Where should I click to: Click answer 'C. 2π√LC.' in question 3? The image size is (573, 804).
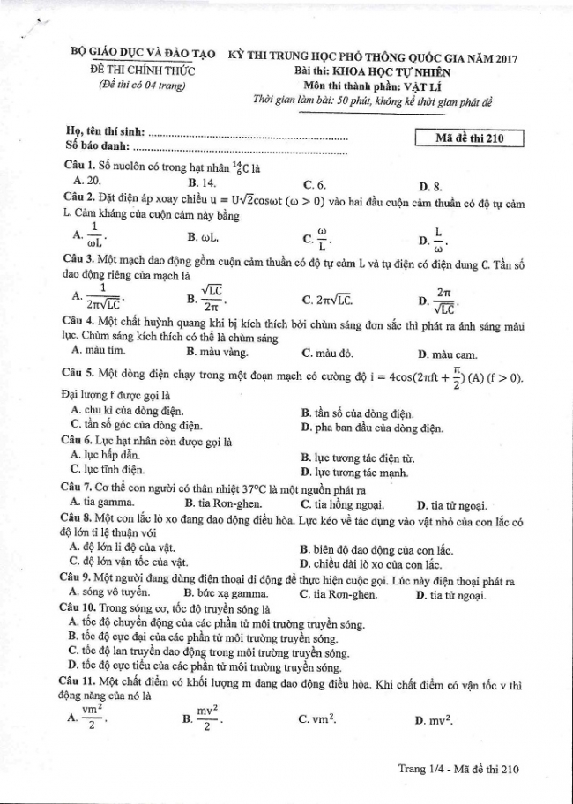[328, 300]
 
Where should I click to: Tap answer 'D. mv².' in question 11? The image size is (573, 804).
[433, 720]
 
